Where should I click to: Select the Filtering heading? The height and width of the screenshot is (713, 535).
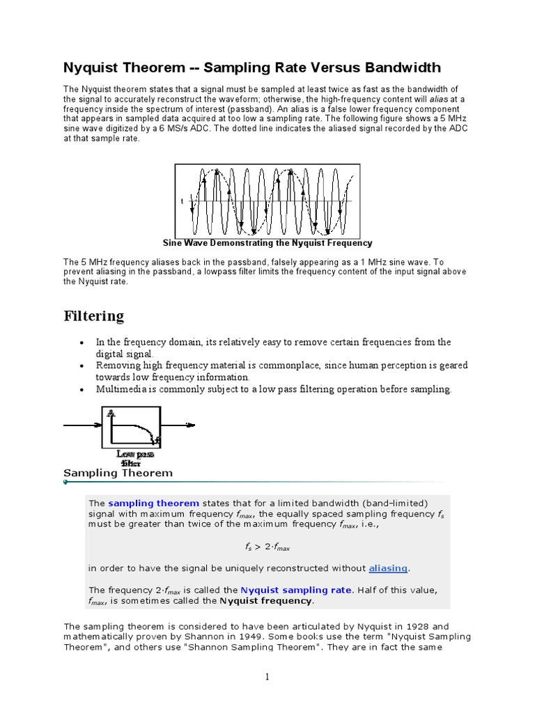(93, 316)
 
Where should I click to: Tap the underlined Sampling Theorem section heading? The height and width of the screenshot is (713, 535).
(118, 473)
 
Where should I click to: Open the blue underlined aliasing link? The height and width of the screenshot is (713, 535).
(388, 567)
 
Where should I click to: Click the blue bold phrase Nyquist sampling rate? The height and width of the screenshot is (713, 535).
(296, 590)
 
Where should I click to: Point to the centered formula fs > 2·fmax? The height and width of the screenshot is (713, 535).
(267, 547)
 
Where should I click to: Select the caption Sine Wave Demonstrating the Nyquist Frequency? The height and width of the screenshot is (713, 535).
(267, 243)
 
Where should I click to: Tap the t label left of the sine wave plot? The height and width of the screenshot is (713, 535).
(182, 201)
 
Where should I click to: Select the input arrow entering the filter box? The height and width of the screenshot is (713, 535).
(83, 425)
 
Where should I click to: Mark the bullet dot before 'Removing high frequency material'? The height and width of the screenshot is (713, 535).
(83, 366)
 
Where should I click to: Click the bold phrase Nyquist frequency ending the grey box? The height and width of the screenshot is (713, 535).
(266, 600)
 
